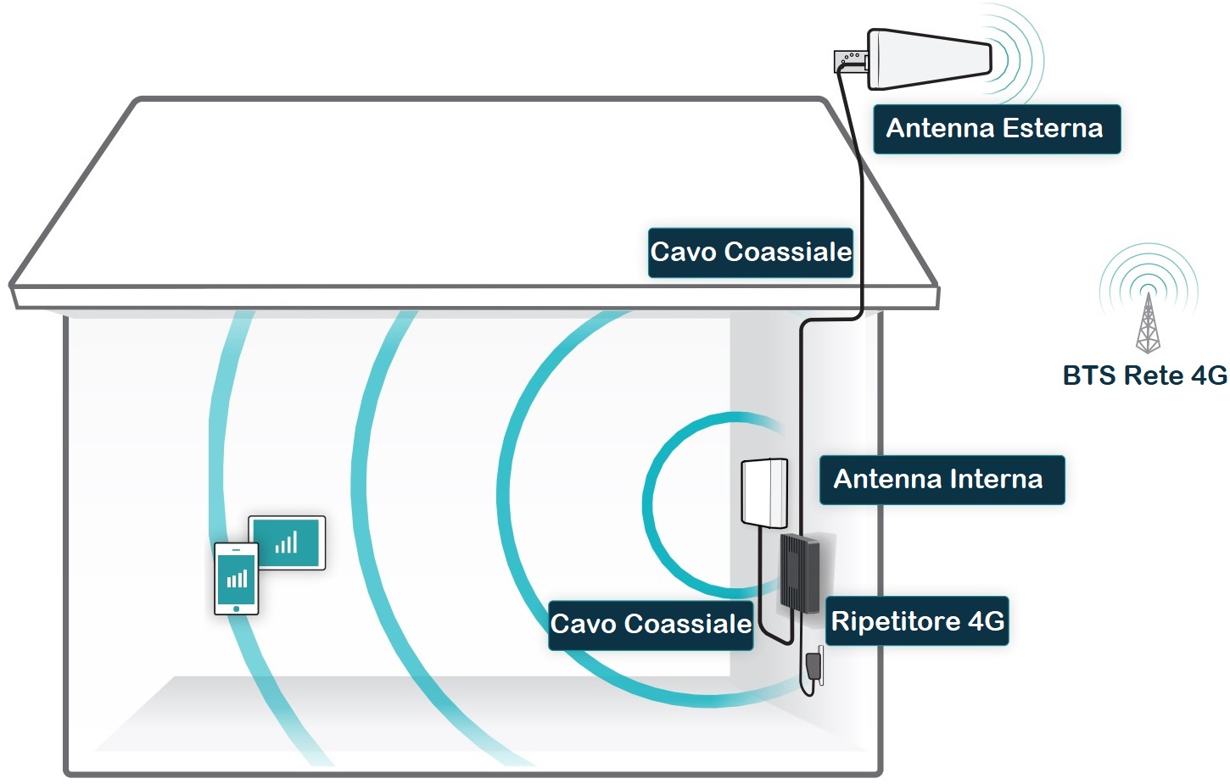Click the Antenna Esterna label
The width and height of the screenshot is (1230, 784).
point(997,129)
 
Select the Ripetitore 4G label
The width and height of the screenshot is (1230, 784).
point(917,621)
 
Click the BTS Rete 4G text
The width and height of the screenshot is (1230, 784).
point(1144,375)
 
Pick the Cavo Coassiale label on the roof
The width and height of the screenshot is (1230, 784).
point(751,252)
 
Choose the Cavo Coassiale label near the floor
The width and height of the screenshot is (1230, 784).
point(651,625)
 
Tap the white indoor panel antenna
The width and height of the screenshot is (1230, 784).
point(764,492)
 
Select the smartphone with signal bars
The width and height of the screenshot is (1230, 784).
point(237,578)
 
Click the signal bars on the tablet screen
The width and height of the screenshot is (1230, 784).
point(287,542)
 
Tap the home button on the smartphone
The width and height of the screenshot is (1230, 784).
point(237,608)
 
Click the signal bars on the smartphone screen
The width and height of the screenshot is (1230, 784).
point(238,579)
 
